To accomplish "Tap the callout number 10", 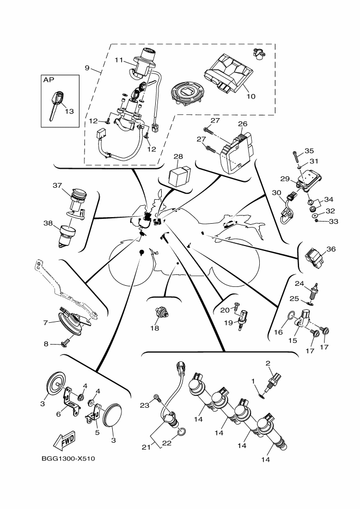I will tap(251, 97).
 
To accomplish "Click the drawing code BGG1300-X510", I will tap(68, 458).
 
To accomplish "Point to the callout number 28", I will tap(178, 157).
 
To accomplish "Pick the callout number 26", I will tap(242, 124).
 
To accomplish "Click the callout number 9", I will tap(87, 68).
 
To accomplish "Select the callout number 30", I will tap(276, 193).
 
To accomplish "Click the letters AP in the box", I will tap(48, 79).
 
